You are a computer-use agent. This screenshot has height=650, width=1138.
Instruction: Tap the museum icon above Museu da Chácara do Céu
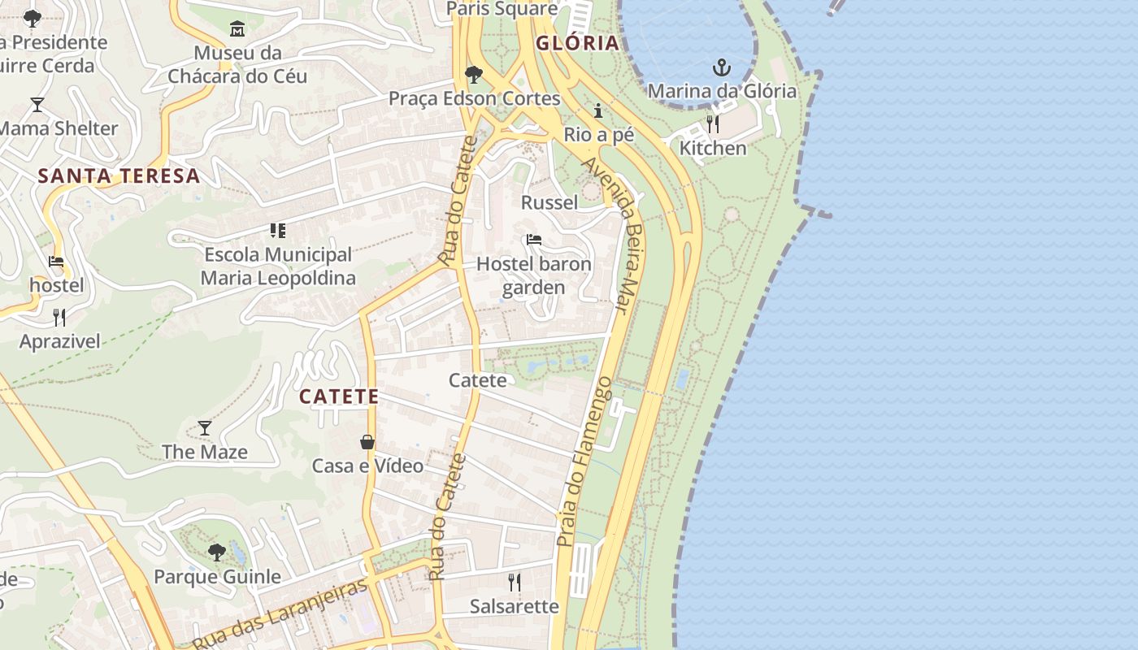[x=237, y=29]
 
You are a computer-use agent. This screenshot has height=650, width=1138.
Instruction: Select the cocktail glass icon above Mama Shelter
[x=37, y=105]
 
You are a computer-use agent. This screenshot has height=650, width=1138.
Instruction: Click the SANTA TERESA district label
[x=119, y=175]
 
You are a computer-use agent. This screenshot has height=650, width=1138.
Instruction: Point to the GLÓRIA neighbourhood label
[x=577, y=43]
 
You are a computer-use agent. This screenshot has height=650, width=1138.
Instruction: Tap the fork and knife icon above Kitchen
[x=713, y=124]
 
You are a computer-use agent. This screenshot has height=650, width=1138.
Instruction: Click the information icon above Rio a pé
[x=599, y=110]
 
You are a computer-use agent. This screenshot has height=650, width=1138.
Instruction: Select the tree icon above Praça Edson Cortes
[x=474, y=76]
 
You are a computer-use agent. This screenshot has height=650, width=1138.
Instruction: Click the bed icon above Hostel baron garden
[x=534, y=240]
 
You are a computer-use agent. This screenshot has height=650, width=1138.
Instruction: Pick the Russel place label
[x=549, y=202]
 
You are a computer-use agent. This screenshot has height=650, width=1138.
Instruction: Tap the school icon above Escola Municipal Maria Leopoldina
[x=278, y=231]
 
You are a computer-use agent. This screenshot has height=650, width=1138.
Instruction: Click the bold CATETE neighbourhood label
[x=339, y=396]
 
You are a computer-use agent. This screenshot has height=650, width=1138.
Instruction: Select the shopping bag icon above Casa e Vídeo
[x=367, y=442]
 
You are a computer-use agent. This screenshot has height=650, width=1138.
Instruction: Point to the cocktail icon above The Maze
[x=205, y=428]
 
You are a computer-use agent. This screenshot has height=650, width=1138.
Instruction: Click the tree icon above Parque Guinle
[x=217, y=553]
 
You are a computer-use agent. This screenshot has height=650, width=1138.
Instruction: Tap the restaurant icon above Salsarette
[x=515, y=583]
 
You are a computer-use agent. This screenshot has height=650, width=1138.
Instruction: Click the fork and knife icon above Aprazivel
[x=59, y=317]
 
